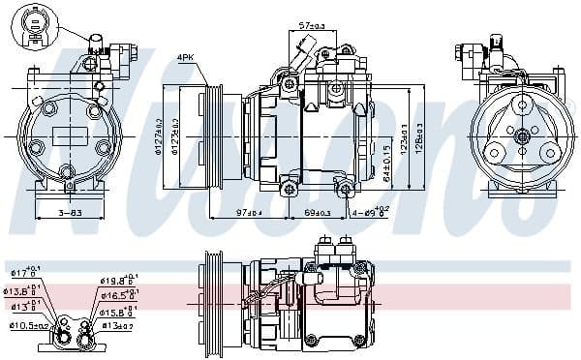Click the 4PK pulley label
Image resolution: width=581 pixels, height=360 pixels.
(x=185, y=58)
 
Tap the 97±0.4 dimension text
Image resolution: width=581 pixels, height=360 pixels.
(x=251, y=212)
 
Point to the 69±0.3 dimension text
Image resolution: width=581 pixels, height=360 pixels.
(x=318, y=212)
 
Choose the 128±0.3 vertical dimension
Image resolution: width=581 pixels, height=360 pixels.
(x=419, y=135)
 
